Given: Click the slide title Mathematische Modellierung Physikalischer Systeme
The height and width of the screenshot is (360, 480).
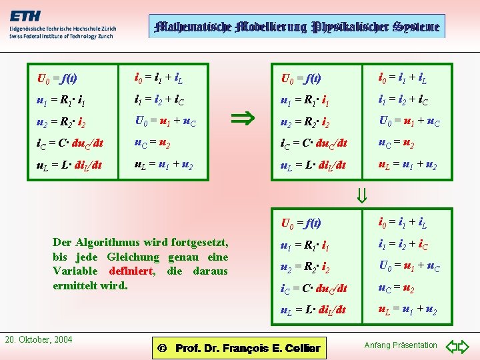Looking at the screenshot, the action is [297, 27].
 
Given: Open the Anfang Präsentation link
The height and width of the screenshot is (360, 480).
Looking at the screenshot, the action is [401, 345].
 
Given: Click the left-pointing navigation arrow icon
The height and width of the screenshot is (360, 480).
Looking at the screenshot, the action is [449, 346].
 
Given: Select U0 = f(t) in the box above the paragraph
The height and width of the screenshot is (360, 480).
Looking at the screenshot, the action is [58, 79].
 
